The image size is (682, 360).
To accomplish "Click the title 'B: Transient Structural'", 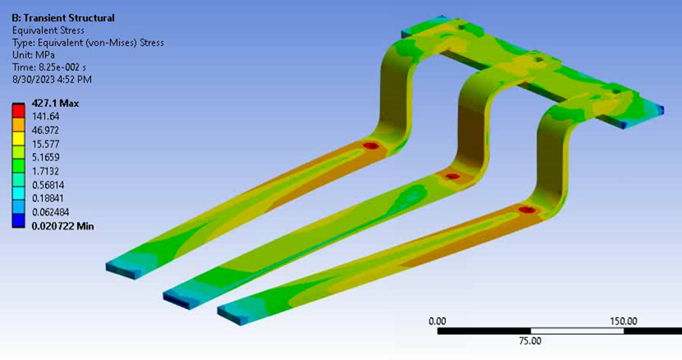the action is tap(63, 18).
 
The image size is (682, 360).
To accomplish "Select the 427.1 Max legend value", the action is tap(55, 103).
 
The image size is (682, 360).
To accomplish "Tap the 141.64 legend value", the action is tap(45, 117).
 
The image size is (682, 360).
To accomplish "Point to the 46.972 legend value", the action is tap(45, 130).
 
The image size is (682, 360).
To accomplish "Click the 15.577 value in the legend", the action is tap(45, 144).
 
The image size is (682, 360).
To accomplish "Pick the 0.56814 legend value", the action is tap(48, 185).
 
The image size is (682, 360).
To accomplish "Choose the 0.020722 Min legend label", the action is tap(63, 226).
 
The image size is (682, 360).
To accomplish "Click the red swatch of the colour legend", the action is tap(18, 110).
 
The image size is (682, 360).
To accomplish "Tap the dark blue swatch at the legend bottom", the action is tap(18, 221).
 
